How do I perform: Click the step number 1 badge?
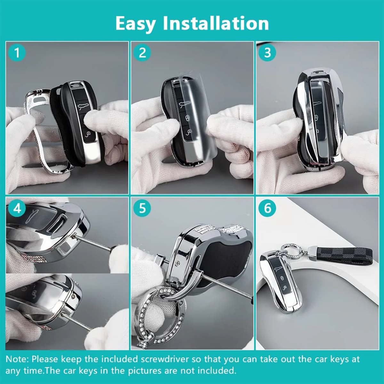17,52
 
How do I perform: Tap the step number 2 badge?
142,52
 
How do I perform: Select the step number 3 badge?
268,52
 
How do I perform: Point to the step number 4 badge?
17,208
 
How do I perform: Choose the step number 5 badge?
142,208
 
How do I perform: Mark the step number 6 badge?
268,208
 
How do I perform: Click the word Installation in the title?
216,23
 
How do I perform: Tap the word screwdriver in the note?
167,359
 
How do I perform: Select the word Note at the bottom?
17,359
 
